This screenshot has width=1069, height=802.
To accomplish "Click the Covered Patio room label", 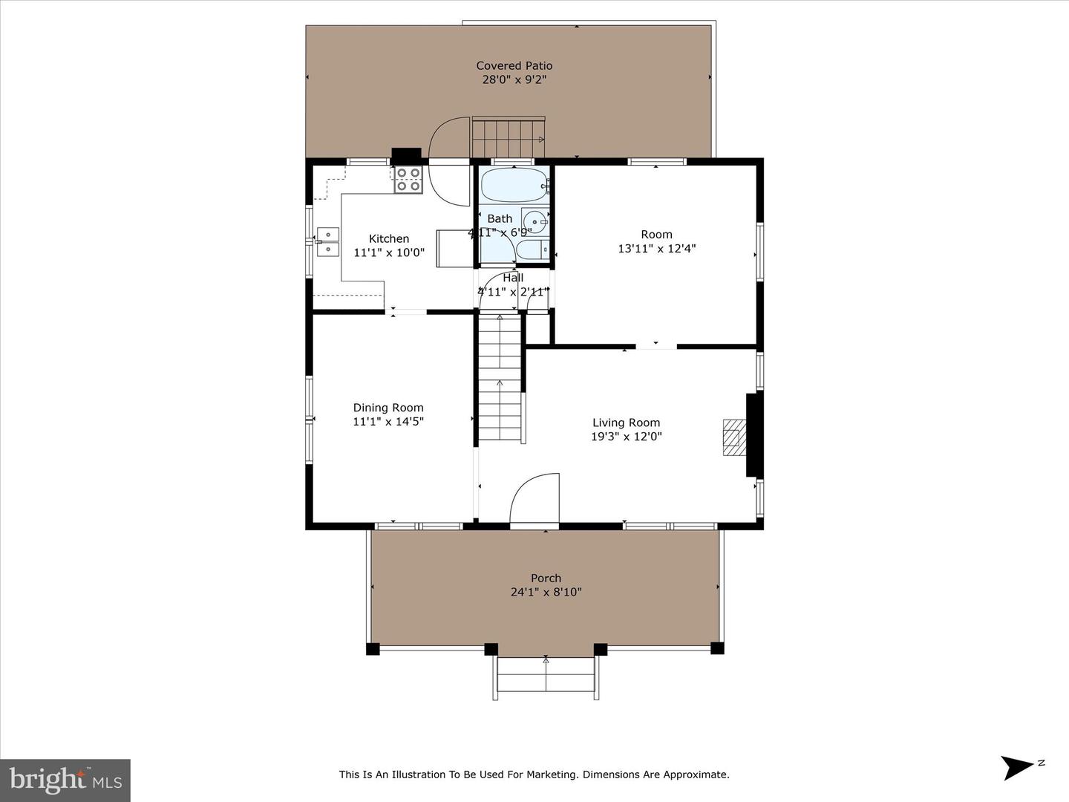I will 514,65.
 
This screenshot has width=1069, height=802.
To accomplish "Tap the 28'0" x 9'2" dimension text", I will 514,79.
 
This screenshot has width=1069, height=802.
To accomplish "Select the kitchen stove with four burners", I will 408,180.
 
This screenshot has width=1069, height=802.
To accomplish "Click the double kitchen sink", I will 327,241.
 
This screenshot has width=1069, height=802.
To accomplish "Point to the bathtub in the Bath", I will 513,185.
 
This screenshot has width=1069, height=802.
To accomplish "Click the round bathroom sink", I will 534,221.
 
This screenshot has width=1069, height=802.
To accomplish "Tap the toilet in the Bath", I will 532,250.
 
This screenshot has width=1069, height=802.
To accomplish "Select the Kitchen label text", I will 389,238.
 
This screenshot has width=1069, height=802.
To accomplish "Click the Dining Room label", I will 388,407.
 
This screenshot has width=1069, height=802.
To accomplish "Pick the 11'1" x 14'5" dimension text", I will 388,421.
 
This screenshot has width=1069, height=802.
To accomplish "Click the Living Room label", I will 626,423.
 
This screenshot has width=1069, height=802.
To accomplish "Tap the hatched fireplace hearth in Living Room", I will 733,437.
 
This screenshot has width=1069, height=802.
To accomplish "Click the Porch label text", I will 546,578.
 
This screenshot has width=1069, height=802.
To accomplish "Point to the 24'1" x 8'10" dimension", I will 546,592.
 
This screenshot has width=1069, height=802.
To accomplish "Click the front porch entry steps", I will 546,676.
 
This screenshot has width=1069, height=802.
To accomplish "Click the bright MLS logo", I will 65,780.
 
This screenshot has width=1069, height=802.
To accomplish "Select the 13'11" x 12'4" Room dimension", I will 656,248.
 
